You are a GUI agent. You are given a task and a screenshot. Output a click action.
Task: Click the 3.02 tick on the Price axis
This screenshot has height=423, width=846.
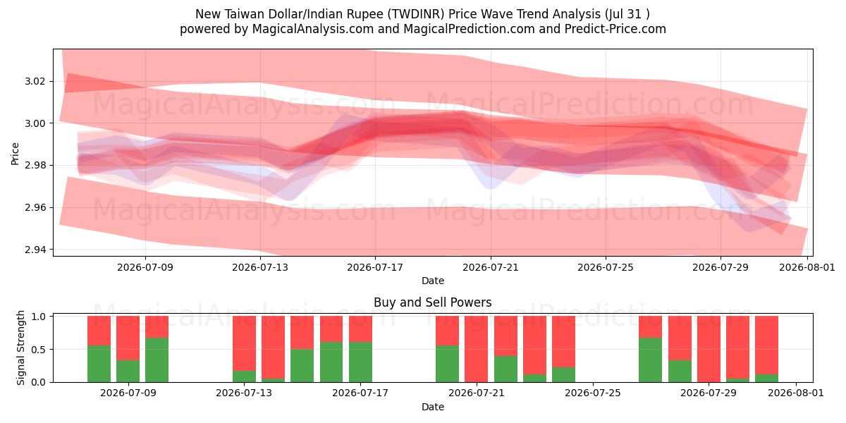(x=35, y=82)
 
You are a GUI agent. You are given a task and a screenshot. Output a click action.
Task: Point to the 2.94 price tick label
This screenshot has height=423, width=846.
(x=35, y=250)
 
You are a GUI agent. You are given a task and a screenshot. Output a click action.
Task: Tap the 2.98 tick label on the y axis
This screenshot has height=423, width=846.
(x=35, y=166)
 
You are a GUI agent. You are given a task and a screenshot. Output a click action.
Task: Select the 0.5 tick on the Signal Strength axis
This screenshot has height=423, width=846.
(x=38, y=350)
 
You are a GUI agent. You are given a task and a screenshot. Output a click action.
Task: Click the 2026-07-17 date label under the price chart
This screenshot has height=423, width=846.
(x=375, y=267)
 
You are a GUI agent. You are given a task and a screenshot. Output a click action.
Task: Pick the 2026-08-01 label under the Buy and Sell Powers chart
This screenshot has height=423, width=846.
(x=796, y=393)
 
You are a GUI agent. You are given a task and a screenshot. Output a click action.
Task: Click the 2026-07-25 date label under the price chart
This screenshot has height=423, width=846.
(x=606, y=267)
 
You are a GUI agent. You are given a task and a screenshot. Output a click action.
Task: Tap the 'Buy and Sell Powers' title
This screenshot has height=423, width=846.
(x=432, y=302)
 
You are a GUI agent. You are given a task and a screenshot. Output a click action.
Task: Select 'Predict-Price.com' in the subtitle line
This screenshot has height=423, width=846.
(x=615, y=29)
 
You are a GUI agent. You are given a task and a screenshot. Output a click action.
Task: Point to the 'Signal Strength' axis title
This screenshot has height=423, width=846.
(x=20, y=348)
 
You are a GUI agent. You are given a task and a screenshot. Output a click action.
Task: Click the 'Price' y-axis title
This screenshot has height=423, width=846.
(x=15, y=154)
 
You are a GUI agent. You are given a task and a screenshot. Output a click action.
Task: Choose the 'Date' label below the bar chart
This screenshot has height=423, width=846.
(x=432, y=407)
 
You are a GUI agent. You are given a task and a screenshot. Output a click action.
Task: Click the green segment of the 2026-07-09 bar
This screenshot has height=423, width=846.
(x=128, y=372)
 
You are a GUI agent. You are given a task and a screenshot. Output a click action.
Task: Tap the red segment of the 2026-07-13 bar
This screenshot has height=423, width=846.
(x=244, y=343)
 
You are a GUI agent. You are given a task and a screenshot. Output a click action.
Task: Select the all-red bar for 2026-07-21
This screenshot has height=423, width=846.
(x=477, y=349)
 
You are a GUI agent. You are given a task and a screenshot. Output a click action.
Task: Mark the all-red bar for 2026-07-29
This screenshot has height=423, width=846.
(x=709, y=349)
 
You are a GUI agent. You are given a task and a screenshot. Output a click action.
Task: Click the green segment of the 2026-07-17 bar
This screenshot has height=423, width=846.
(x=360, y=362)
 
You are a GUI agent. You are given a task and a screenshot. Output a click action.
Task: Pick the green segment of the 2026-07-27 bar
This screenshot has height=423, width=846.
(x=650, y=360)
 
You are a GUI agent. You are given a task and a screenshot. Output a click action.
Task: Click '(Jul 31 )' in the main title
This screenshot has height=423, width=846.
(x=627, y=14)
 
